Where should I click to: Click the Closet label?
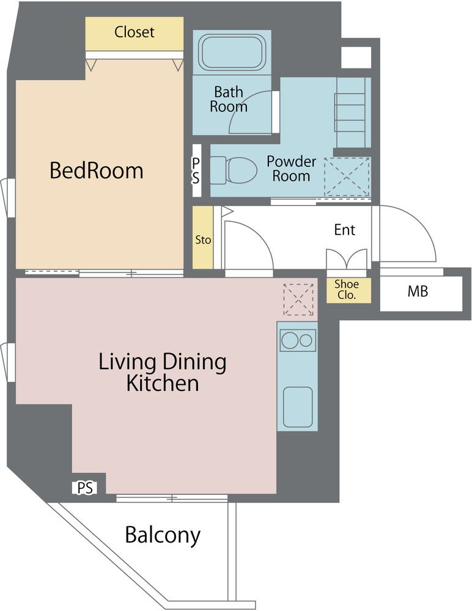pos(134,32)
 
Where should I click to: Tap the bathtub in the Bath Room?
pos(232,53)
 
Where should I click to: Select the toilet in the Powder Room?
pos(234,170)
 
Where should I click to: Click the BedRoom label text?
pos(97,170)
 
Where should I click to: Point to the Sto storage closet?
pos(203,237)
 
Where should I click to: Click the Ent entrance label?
pos(344,230)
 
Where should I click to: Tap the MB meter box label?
pos(418,291)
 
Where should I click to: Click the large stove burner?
pos(290,340)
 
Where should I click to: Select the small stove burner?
pos(306,340)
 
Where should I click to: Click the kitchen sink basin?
pos(298,407)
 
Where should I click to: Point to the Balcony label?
pos(163,535)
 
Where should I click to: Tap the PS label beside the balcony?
pos(85,488)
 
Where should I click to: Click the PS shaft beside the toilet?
pos(197,170)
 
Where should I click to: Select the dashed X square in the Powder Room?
pos(347,177)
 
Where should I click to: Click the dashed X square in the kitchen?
pos(298,299)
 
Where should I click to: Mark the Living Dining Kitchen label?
pos(162,372)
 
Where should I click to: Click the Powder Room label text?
pos(291,169)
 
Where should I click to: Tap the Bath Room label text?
pos(229,99)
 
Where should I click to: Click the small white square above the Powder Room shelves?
pos(356,57)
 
